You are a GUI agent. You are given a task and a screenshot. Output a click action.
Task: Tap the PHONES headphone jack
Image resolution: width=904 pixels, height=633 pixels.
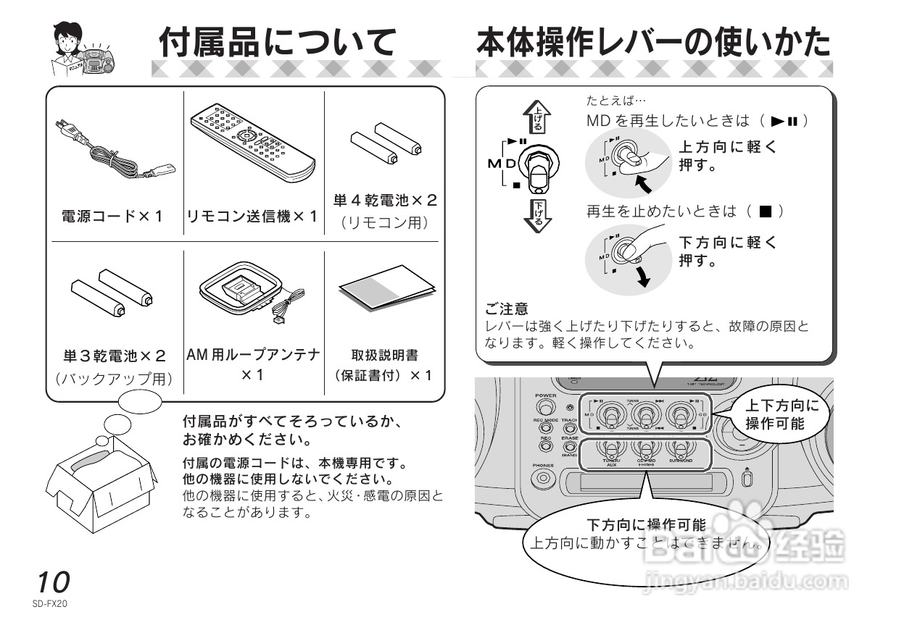(x=542, y=479)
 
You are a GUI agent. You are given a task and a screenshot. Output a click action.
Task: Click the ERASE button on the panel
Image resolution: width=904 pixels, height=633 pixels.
(x=569, y=448)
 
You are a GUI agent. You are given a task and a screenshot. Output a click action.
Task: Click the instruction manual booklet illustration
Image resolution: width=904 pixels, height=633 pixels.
(x=386, y=287)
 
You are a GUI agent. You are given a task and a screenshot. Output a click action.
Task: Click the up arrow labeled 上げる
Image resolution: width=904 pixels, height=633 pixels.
(x=537, y=117)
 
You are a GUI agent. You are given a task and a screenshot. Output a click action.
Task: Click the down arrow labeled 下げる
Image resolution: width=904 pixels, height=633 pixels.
(x=537, y=211)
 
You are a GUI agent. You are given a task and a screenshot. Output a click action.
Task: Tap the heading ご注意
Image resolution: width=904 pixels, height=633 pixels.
(x=507, y=309)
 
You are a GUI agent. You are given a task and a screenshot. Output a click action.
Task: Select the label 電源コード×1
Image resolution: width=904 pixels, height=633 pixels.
(x=112, y=216)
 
